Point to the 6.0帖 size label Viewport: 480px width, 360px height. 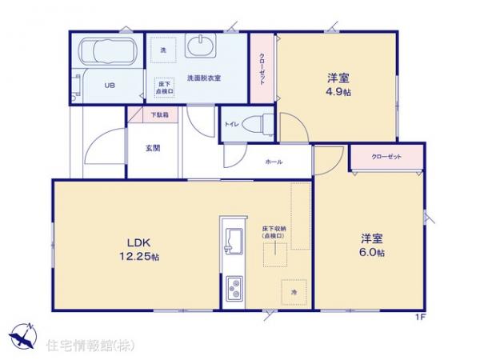372,253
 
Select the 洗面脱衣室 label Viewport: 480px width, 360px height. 203,78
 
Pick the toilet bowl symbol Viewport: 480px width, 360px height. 256,124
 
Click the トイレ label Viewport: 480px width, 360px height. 231,124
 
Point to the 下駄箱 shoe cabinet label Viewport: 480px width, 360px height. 160,114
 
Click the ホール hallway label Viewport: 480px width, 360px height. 273,161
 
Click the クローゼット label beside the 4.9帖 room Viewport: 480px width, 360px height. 262,68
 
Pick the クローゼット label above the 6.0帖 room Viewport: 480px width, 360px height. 386,157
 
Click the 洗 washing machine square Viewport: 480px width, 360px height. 162,50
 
